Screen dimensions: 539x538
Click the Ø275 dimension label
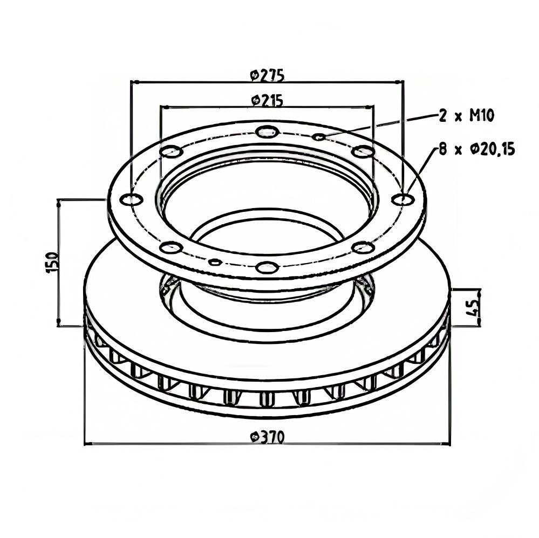268,75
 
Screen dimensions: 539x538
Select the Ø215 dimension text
268,100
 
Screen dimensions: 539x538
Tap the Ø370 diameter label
268,437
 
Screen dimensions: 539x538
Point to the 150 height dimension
52,263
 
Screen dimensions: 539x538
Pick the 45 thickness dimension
474,307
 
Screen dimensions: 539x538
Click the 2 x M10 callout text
467,116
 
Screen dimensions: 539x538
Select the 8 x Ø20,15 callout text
476,149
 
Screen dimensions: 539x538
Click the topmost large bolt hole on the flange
267,131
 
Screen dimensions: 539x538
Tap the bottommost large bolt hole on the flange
267,267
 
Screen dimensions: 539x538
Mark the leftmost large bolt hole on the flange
131,199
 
